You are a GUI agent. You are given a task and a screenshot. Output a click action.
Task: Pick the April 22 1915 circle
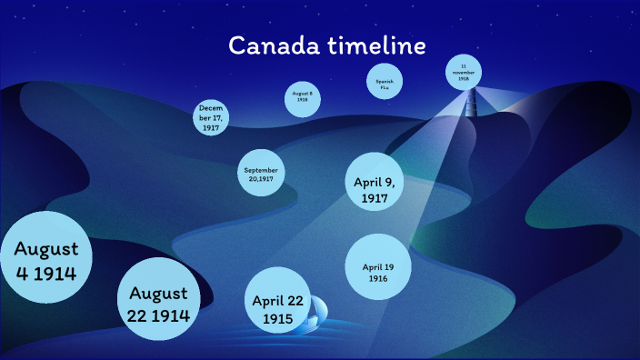pyautogui.click(x=278, y=310)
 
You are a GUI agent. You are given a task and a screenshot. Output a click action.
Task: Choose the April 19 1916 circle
pyautogui.click(x=379, y=273)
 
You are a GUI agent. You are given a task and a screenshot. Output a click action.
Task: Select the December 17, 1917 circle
pyautogui.click(x=211, y=118)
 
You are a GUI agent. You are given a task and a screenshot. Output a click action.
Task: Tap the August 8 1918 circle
pyautogui.click(x=303, y=99)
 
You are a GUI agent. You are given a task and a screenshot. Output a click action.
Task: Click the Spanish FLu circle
pyautogui.click(x=385, y=85)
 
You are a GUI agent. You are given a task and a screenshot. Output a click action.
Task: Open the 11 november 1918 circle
pyautogui.click(x=464, y=73)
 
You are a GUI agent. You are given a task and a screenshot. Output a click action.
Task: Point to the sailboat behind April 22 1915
pyautogui.click(x=317, y=315)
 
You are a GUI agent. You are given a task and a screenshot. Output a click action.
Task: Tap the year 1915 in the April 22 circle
pyautogui.click(x=278, y=319)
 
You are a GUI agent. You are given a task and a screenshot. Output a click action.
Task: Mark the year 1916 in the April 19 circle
pyautogui.click(x=379, y=279)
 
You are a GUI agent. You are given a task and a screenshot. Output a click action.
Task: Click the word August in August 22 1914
pyautogui.click(x=159, y=294)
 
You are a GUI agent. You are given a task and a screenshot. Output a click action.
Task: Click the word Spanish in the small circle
pyautogui.click(x=385, y=82)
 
